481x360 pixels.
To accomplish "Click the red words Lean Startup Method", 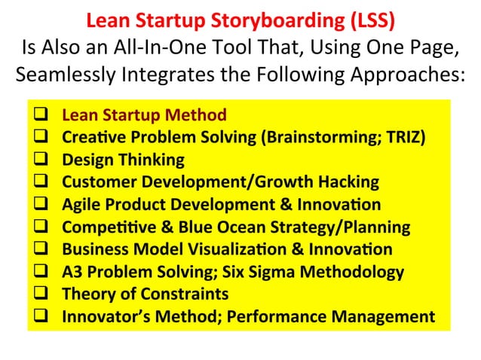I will click(144, 116).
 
